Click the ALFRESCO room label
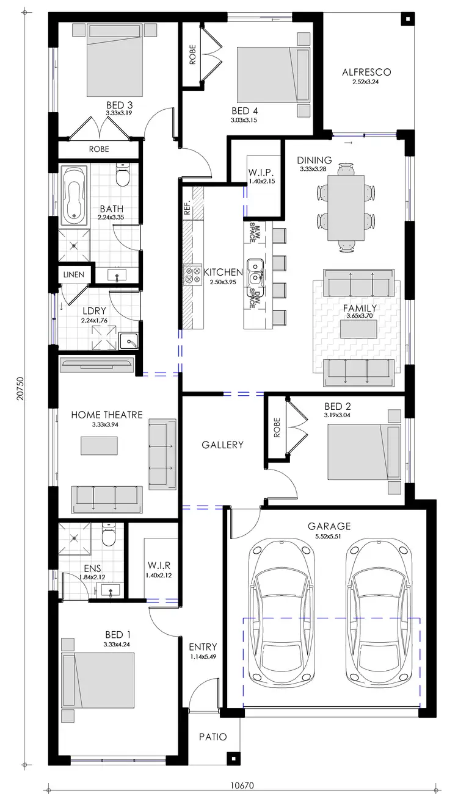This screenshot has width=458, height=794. coord(366,72)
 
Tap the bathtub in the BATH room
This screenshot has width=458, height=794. coord(74,194)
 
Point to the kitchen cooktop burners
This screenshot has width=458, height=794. coord(193,275)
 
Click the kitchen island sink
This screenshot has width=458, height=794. coord(255,268)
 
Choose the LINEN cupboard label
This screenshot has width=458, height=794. coord(74,274)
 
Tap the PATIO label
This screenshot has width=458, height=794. coord(213,737)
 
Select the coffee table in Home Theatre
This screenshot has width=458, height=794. coord(100,445)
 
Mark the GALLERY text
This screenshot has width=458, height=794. coord(222,445)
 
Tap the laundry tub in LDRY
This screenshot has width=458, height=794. coord(128,341)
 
